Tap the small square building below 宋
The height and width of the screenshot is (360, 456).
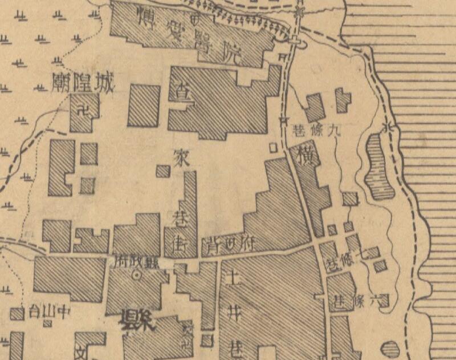pyautogui.click(x=163, y=171)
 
